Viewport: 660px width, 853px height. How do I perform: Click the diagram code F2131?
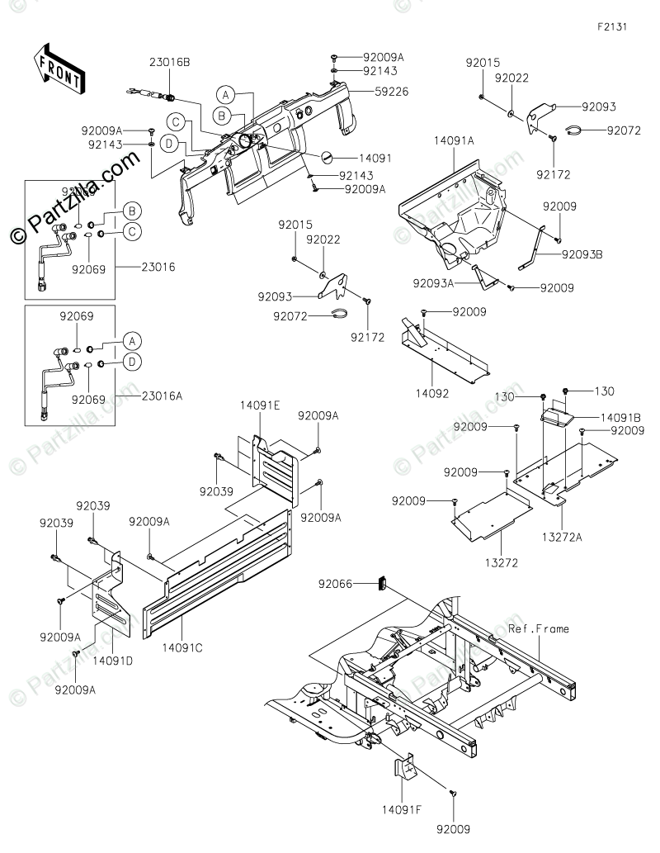[613, 26]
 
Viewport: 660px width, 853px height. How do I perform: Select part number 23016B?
[170, 63]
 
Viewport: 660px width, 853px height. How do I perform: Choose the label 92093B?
[583, 254]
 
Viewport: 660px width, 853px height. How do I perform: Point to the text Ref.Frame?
[539, 629]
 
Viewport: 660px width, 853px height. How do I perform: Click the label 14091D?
[110, 661]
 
